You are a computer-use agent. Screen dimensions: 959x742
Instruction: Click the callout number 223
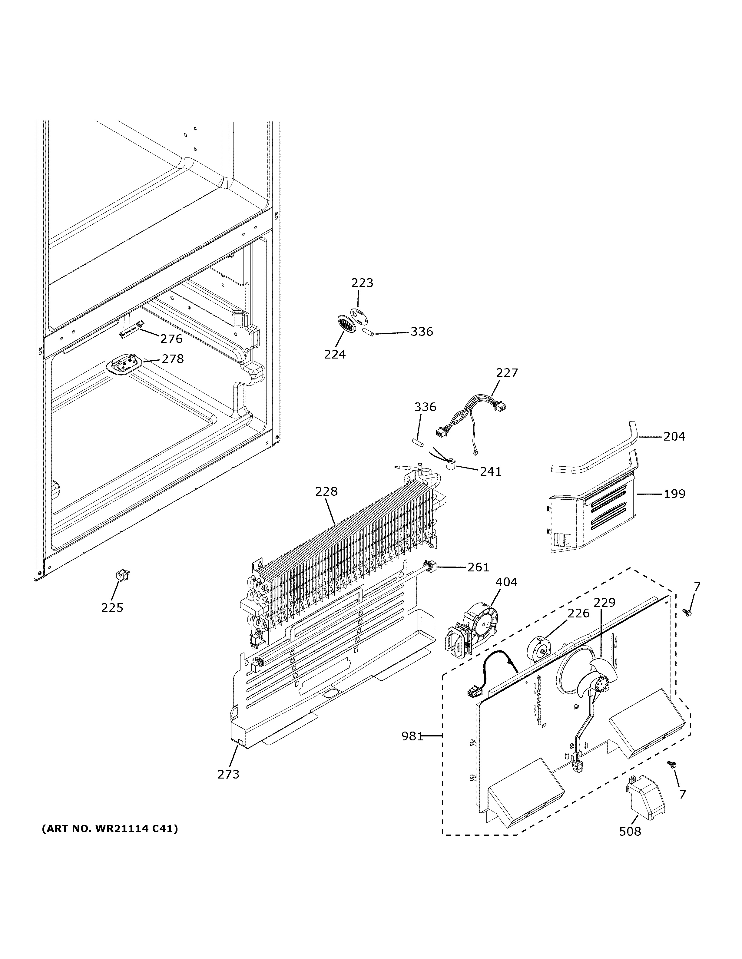[362, 283]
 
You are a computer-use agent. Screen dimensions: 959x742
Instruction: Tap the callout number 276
[171, 339]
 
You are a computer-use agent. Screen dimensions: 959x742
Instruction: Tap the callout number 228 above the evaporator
[326, 491]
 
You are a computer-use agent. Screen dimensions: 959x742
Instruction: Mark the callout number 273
[228, 774]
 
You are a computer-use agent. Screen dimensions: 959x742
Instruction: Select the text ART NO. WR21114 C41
[110, 829]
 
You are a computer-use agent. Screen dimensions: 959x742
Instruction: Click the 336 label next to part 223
[422, 332]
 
